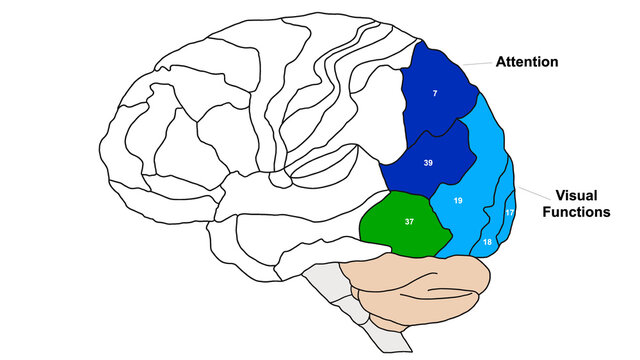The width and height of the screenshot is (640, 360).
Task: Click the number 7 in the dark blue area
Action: click(435, 93)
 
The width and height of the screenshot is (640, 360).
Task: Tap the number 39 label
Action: click(428, 162)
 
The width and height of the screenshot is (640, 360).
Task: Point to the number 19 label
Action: click(458, 201)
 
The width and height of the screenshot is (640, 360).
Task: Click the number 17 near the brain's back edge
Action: click(509, 212)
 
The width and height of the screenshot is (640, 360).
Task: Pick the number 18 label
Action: click(488, 243)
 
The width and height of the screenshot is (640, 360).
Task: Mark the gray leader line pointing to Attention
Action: click(483, 64)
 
